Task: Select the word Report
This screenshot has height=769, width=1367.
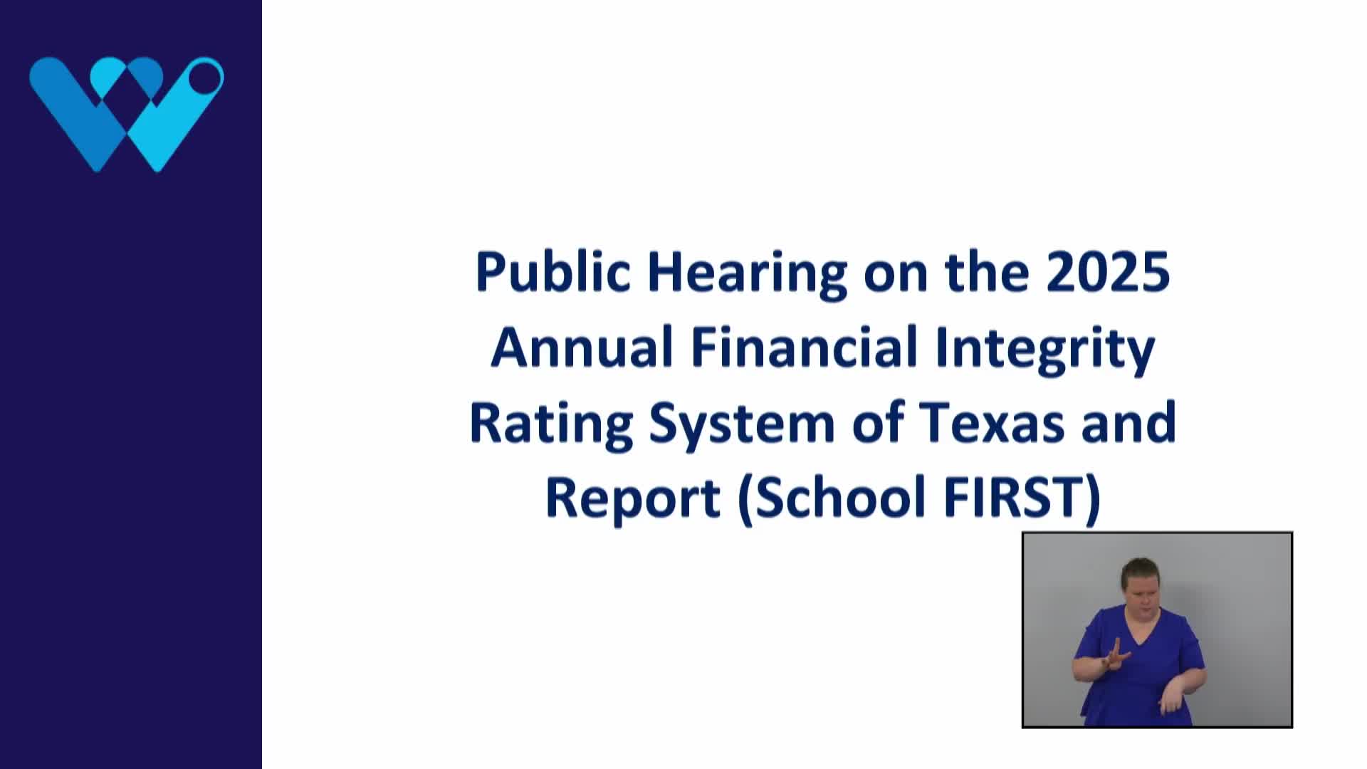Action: click(x=632, y=498)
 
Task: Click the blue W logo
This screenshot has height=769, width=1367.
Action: click(x=126, y=114)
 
